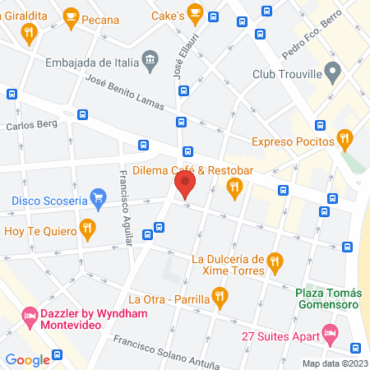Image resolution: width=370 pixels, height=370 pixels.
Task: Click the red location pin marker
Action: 184,183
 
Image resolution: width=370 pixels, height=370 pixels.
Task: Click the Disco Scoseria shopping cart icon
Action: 99,198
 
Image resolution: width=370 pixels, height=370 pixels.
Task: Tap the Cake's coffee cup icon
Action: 195,12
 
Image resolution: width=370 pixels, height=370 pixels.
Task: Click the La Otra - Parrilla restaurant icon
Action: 218,295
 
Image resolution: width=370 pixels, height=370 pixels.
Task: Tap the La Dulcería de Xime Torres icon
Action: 275,263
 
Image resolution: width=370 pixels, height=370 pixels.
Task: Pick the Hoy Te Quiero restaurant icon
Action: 86,228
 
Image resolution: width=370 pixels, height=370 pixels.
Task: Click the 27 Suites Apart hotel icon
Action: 331,333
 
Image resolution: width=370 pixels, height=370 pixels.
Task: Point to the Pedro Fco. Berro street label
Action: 311,42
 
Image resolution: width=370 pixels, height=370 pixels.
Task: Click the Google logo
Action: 28,359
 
